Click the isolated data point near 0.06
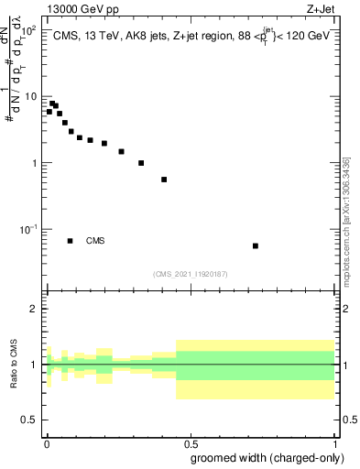[x=256, y=245]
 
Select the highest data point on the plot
[x=52, y=104]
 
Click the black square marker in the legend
[x=71, y=241]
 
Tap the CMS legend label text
[x=95, y=241]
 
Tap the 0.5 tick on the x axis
[x=190, y=441]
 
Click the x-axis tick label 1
[x=334, y=441]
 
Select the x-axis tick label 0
[x=47, y=441]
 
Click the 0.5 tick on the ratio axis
[x=27, y=420]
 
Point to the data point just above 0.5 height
[x=164, y=180]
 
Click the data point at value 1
[x=141, y=163]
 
